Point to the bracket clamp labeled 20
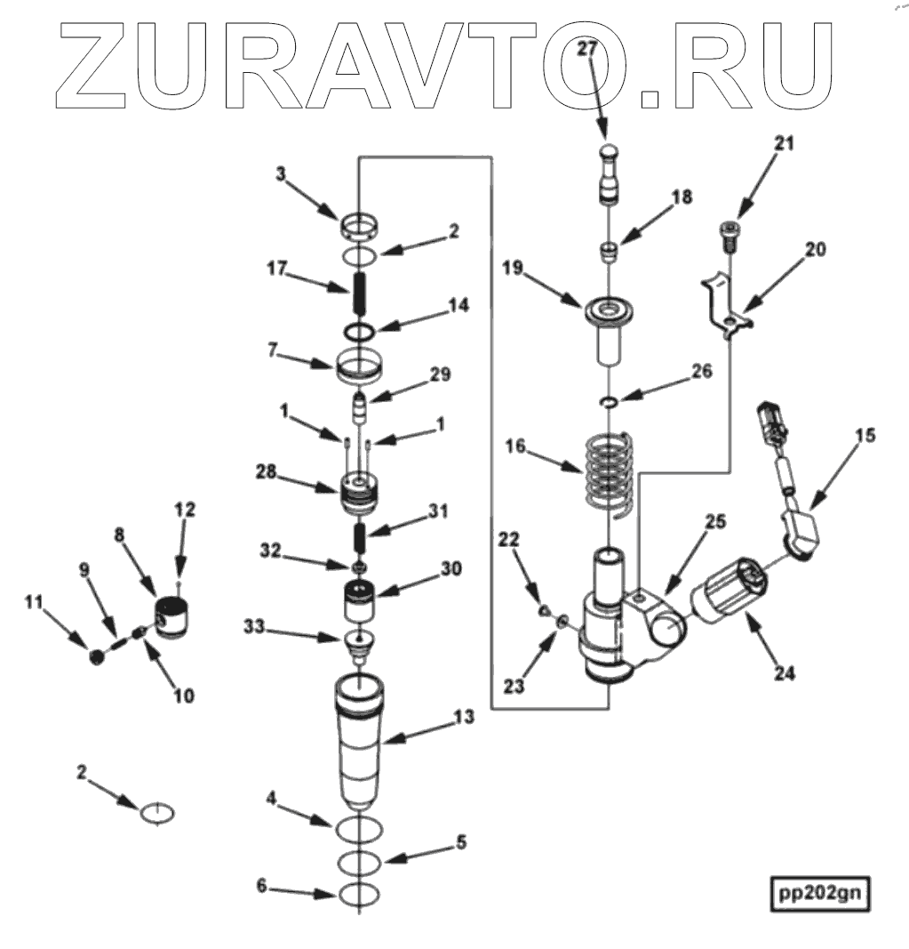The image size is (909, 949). click(727, 307)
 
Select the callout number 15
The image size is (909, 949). click(865, 436)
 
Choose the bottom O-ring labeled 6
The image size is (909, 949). click(361, 893)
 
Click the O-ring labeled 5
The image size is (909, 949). click(361, 862)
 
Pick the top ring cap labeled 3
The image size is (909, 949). click(360, 228)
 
